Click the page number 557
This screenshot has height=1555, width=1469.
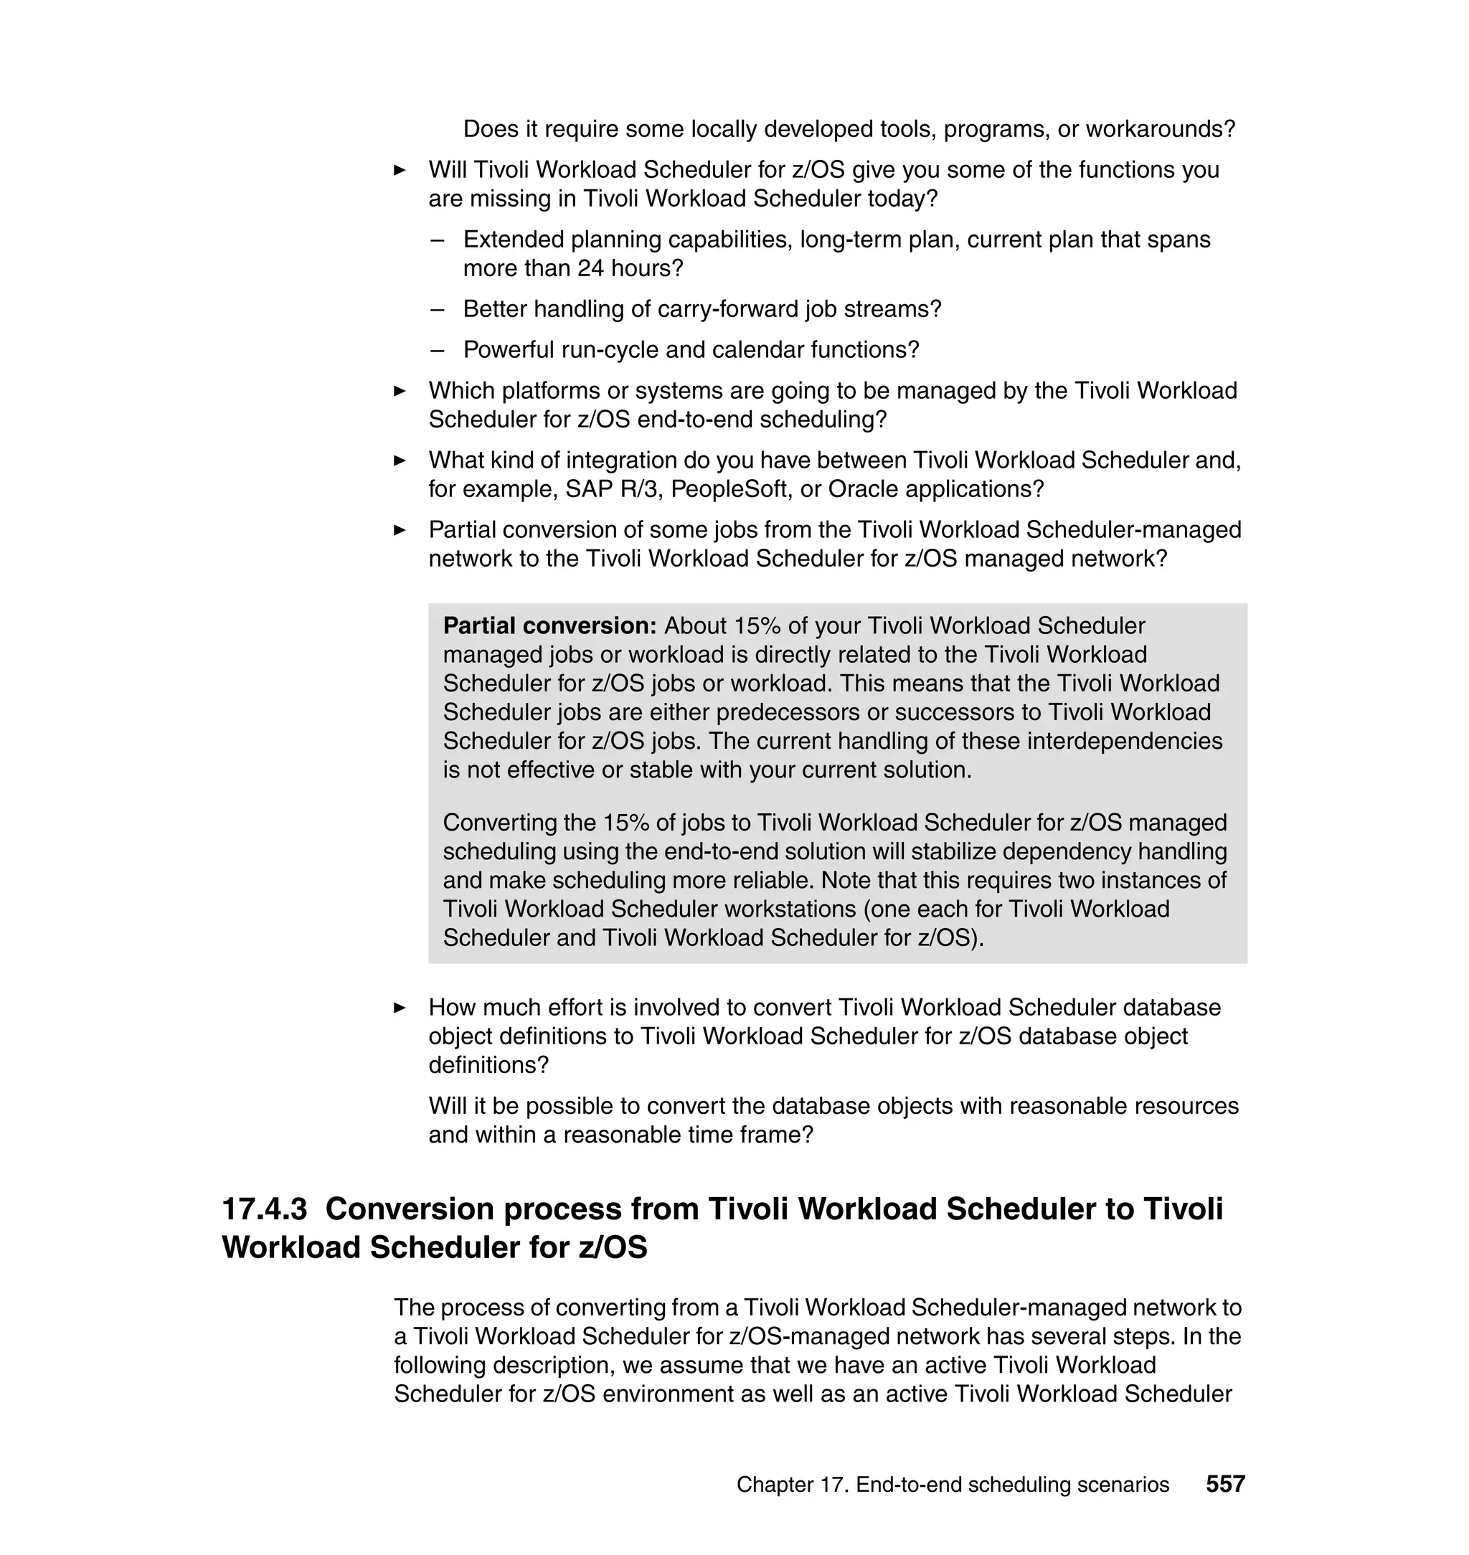pos(1224,1484)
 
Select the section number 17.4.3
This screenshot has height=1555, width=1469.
pos(265,1208)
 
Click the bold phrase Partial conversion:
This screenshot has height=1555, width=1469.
pos(549,625)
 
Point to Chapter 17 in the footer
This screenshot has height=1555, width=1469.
pos(792,1484)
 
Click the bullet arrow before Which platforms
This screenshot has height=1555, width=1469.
pos(400,390)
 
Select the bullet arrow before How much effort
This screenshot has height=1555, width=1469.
pos(400,1007)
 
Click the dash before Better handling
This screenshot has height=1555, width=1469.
pos(437,308)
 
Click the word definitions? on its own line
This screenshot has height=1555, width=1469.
pos(488,1065)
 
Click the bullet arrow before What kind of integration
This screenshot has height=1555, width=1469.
pos(400,460)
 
